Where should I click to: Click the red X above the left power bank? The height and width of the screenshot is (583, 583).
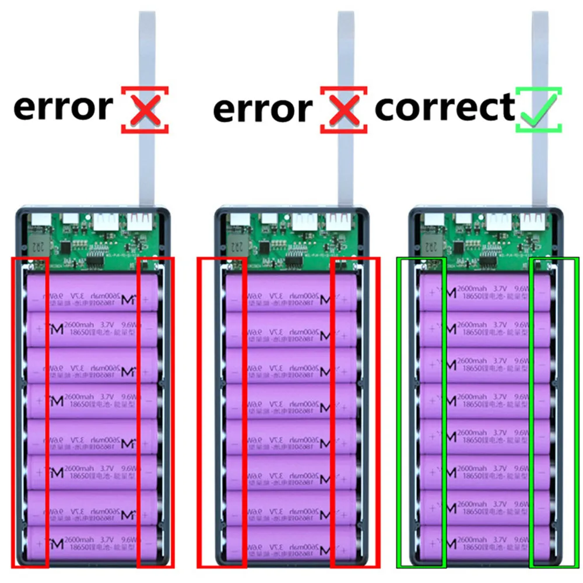tap(145, 108)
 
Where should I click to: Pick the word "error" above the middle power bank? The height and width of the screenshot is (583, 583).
tap(262, 110)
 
